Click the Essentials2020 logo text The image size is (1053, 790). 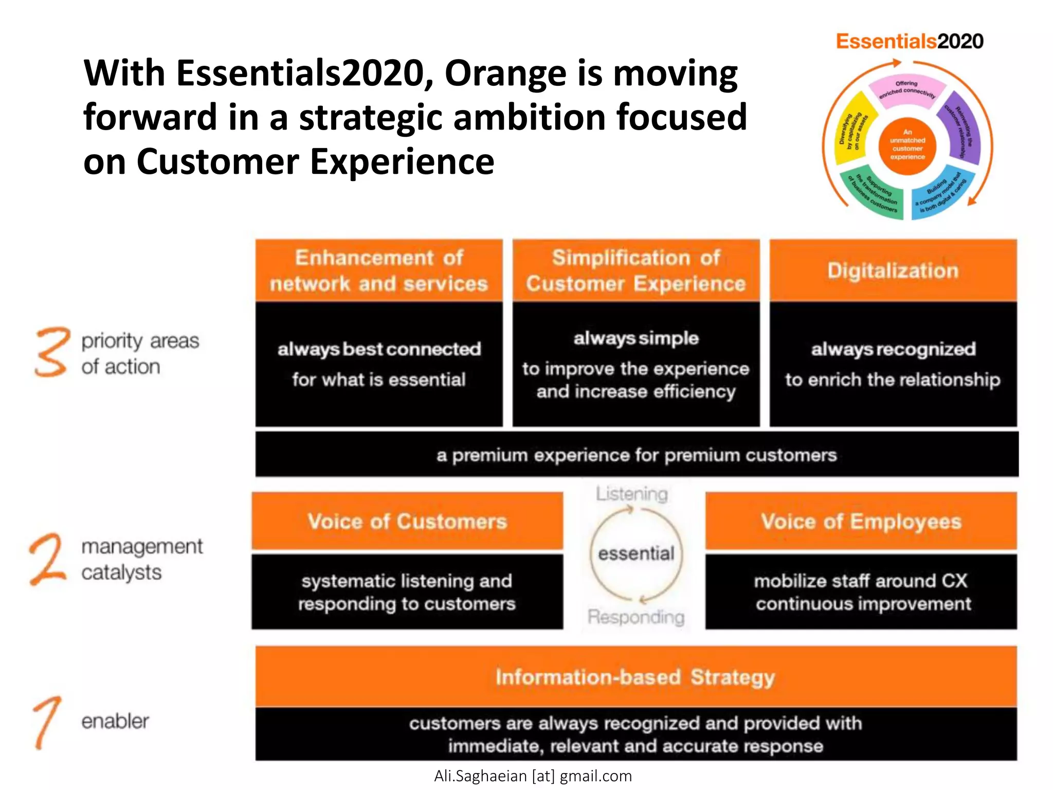click(x=909, y=41)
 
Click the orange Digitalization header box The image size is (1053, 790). click(x=893, y=271)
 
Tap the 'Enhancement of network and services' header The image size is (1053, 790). click(x=379, y=271)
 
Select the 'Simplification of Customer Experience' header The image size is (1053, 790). click(x=636, y=271)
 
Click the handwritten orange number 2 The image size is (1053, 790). click(x=47, y=560)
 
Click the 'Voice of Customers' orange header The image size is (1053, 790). click(x=407, y=521)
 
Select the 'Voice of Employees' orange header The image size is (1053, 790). click(x=861, y=521)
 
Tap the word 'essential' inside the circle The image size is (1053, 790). click(x=636, y=554)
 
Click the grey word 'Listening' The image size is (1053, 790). click(x=632, y=494)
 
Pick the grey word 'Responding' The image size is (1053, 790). click(x=636, y=617)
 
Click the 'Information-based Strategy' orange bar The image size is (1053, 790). click(x=636, y=677)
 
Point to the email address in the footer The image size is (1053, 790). click(x=533, y=776)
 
